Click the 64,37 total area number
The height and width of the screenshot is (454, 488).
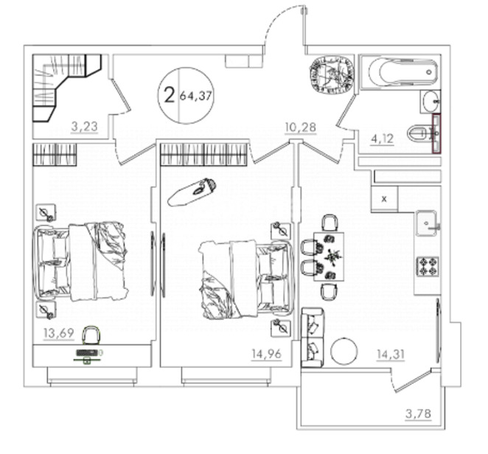[196, 96]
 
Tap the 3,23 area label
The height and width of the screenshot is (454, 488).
[84, 127]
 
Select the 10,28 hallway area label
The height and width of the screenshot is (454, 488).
[301, 127]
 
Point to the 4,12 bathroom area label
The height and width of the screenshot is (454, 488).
[383, 138]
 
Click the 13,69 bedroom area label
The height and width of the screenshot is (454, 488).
[59, 333]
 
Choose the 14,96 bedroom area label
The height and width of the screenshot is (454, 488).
[266, 354]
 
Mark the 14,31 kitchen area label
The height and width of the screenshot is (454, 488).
[391, 354]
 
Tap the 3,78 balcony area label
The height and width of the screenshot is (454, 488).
[419, 413]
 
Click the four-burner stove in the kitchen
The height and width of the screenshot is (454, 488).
[428, 266]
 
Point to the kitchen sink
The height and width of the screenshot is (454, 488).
[427, 223]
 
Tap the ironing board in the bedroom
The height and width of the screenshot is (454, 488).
[192, 192]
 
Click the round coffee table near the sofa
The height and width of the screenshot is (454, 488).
[344, 351]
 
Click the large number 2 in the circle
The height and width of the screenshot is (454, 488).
[169, 95]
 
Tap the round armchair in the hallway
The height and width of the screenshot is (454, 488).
[332, 74]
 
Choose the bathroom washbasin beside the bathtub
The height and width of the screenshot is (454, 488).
[431, 102]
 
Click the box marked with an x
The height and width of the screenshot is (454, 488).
[384, 198]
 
